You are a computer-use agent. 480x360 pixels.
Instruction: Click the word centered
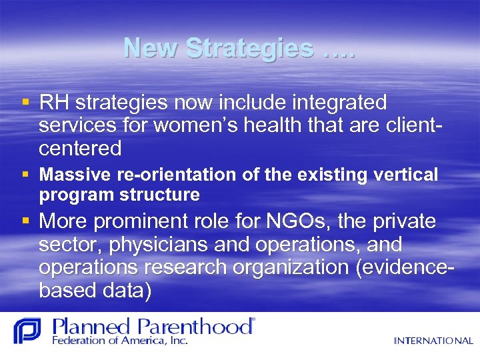pyautogui.click(x=80, y=148)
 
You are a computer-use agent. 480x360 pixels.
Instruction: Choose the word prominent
pyautogui.click(x=154, y=222)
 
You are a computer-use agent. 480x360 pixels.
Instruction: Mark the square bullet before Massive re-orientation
pyautogui.click(x=25, y=175)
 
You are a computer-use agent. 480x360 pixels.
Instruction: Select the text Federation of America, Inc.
pyautogui.click(x=120, y=340)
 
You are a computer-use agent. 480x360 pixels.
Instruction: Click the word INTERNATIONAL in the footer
pyautogui.click(x=433, y=341)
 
